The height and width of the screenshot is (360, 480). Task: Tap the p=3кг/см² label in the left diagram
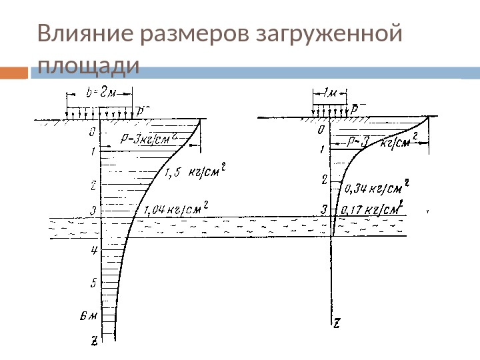[148, 139]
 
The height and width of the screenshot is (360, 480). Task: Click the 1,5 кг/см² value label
[193, 175]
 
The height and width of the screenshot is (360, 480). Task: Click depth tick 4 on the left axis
[95, 250]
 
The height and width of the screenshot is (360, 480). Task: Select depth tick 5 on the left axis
[95, 283]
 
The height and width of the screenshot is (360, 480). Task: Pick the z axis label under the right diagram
[337, 323]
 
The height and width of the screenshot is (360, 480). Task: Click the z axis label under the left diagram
[95, 341]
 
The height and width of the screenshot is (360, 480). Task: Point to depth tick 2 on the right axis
[324, 179]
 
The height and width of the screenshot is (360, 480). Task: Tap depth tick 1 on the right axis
[323, 149]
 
